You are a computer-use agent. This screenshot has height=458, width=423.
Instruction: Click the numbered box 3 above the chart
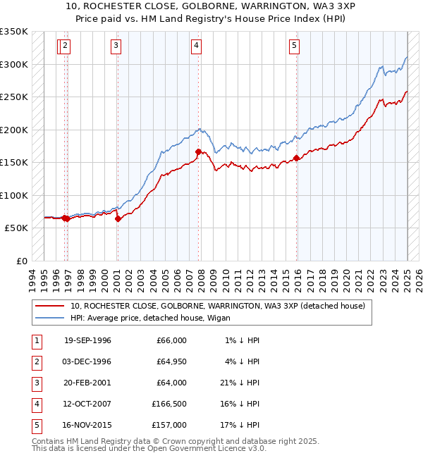116,47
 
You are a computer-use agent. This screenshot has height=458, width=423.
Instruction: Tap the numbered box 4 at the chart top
196,47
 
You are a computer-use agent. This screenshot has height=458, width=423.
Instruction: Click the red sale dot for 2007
198,151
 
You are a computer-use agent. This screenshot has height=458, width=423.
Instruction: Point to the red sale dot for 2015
296,158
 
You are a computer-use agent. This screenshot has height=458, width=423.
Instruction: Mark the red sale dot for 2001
118,219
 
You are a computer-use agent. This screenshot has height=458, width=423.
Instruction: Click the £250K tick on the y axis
13,97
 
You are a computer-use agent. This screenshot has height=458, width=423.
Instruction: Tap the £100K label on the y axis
13,195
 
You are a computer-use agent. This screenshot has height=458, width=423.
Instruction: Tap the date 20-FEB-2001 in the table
87,383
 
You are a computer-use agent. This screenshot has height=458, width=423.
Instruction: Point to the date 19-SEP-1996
87,340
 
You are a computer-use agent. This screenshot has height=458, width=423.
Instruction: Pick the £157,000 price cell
169,425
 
